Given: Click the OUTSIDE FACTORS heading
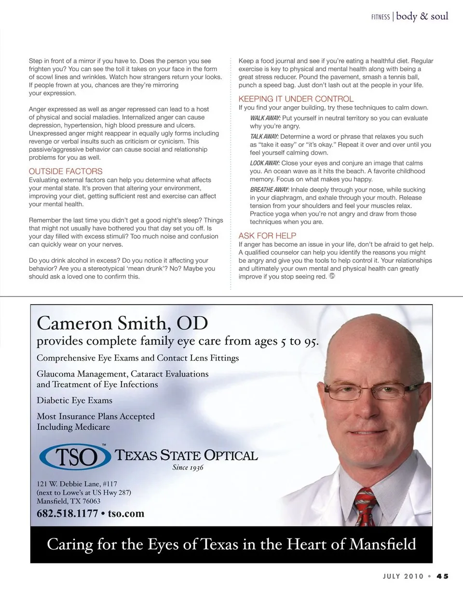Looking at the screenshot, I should (x=66, y=171).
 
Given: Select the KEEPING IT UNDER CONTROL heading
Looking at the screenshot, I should (x=296, y=99).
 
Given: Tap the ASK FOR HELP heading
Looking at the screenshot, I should (x=267, y=236).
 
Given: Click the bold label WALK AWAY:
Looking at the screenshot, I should (x=265, y=118).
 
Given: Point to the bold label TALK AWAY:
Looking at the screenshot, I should (x=264, y=137).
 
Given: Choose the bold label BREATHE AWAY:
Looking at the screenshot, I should (x=269, y=190).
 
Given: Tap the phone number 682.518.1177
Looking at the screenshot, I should (x=68, y=513).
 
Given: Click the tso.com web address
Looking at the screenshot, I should (x=126, y=513).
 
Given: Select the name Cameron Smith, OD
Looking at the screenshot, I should (x=122, y=322).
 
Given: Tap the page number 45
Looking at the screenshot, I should (x=443, y=576).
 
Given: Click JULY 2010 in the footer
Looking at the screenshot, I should (x=403, y=576).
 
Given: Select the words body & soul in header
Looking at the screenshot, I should (x=422, y=16).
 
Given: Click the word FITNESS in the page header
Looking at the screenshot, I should (x=381, y=17).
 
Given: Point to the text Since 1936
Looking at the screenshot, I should (x=188, y=467).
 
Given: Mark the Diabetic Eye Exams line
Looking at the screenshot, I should (x=74, y=400).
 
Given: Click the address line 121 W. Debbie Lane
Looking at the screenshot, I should (x=77, y=484).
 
